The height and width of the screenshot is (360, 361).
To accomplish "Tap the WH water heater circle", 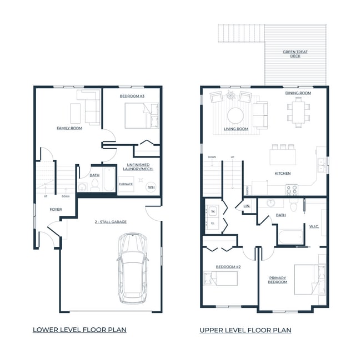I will click(x=151, y=187).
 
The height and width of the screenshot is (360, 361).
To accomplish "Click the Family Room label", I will click(x=69, y=128).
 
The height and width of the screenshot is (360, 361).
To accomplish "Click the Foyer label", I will click(x=56, y=209).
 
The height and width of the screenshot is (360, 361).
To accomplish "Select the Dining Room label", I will click(x=298, y=93).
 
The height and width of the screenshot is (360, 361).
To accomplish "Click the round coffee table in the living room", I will click(x=235, y=115).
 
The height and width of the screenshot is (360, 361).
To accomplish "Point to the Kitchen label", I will click(x=283, y=173).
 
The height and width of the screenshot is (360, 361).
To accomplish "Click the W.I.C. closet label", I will click(x=314, y=226).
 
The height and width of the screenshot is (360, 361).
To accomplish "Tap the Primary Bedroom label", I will click(x=278, y=280).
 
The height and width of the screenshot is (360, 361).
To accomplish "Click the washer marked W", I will click(x=213, y=211).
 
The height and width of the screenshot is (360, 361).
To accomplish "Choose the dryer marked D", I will click(x=213, y=223).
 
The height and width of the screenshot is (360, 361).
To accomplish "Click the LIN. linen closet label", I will click(x=247, y=206).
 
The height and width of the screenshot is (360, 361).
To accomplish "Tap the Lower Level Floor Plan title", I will click(x=79, y=329).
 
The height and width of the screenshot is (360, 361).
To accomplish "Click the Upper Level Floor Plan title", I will click(x=245, y=330).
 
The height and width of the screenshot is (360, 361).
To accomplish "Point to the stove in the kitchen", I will click(x=292, y=189).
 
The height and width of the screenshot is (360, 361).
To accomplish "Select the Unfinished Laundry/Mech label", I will click(x=138, y=166).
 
